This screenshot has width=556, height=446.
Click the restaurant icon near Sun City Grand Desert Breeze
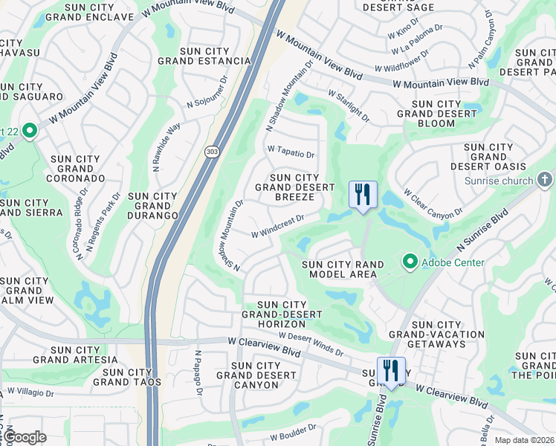tap(363, 195)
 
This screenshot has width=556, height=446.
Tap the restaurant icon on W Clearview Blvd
tap(390, 370)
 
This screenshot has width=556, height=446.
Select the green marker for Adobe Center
tap(410, 262)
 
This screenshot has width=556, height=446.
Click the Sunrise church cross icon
tap(544, 180)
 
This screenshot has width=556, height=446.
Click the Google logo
tap(24, 437)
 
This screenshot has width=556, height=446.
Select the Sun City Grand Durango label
tap(152, 206)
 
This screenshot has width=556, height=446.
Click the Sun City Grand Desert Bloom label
tap(436, 114)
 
